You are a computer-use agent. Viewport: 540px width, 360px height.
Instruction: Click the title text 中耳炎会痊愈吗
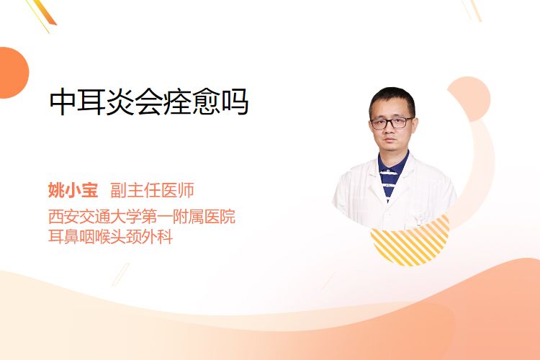click(x=149, y=102)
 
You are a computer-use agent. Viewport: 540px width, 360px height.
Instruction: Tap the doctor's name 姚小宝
click(x=73, y=190)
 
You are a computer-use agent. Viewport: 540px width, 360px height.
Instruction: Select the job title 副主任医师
click(x=152, y=190)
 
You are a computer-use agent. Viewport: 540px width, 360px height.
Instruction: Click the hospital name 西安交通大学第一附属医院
click(x=142, y=216)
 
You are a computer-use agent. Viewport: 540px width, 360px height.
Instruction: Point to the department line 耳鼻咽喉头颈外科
click(x=110, y=237)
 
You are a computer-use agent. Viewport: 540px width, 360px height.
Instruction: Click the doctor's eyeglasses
click(x=392, y=123)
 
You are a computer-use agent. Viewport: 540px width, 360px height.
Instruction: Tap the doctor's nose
click(x=390, y=130)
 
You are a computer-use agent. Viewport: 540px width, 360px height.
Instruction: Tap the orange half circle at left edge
click(x=13, y=72)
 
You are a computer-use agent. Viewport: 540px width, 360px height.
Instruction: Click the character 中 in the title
click(x=63, y=102)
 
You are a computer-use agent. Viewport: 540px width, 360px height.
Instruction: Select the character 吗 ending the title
click(x=235, y=102)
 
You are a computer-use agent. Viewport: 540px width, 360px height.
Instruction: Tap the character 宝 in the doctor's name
click(x=89, y=190)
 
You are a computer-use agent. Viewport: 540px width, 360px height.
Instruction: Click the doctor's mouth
click(x=390, y=141)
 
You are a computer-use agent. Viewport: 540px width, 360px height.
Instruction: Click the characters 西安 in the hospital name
click(x=63, y=216)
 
